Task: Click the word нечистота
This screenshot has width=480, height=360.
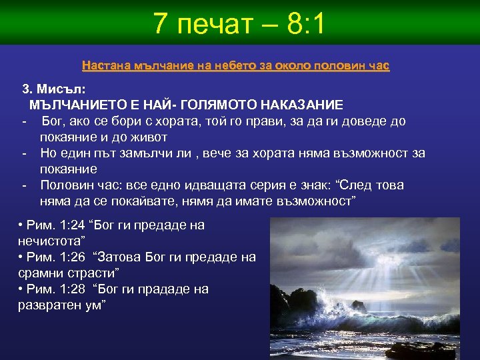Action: (x=49, y=241)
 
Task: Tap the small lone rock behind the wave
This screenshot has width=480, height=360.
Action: (x=359, y=305)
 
